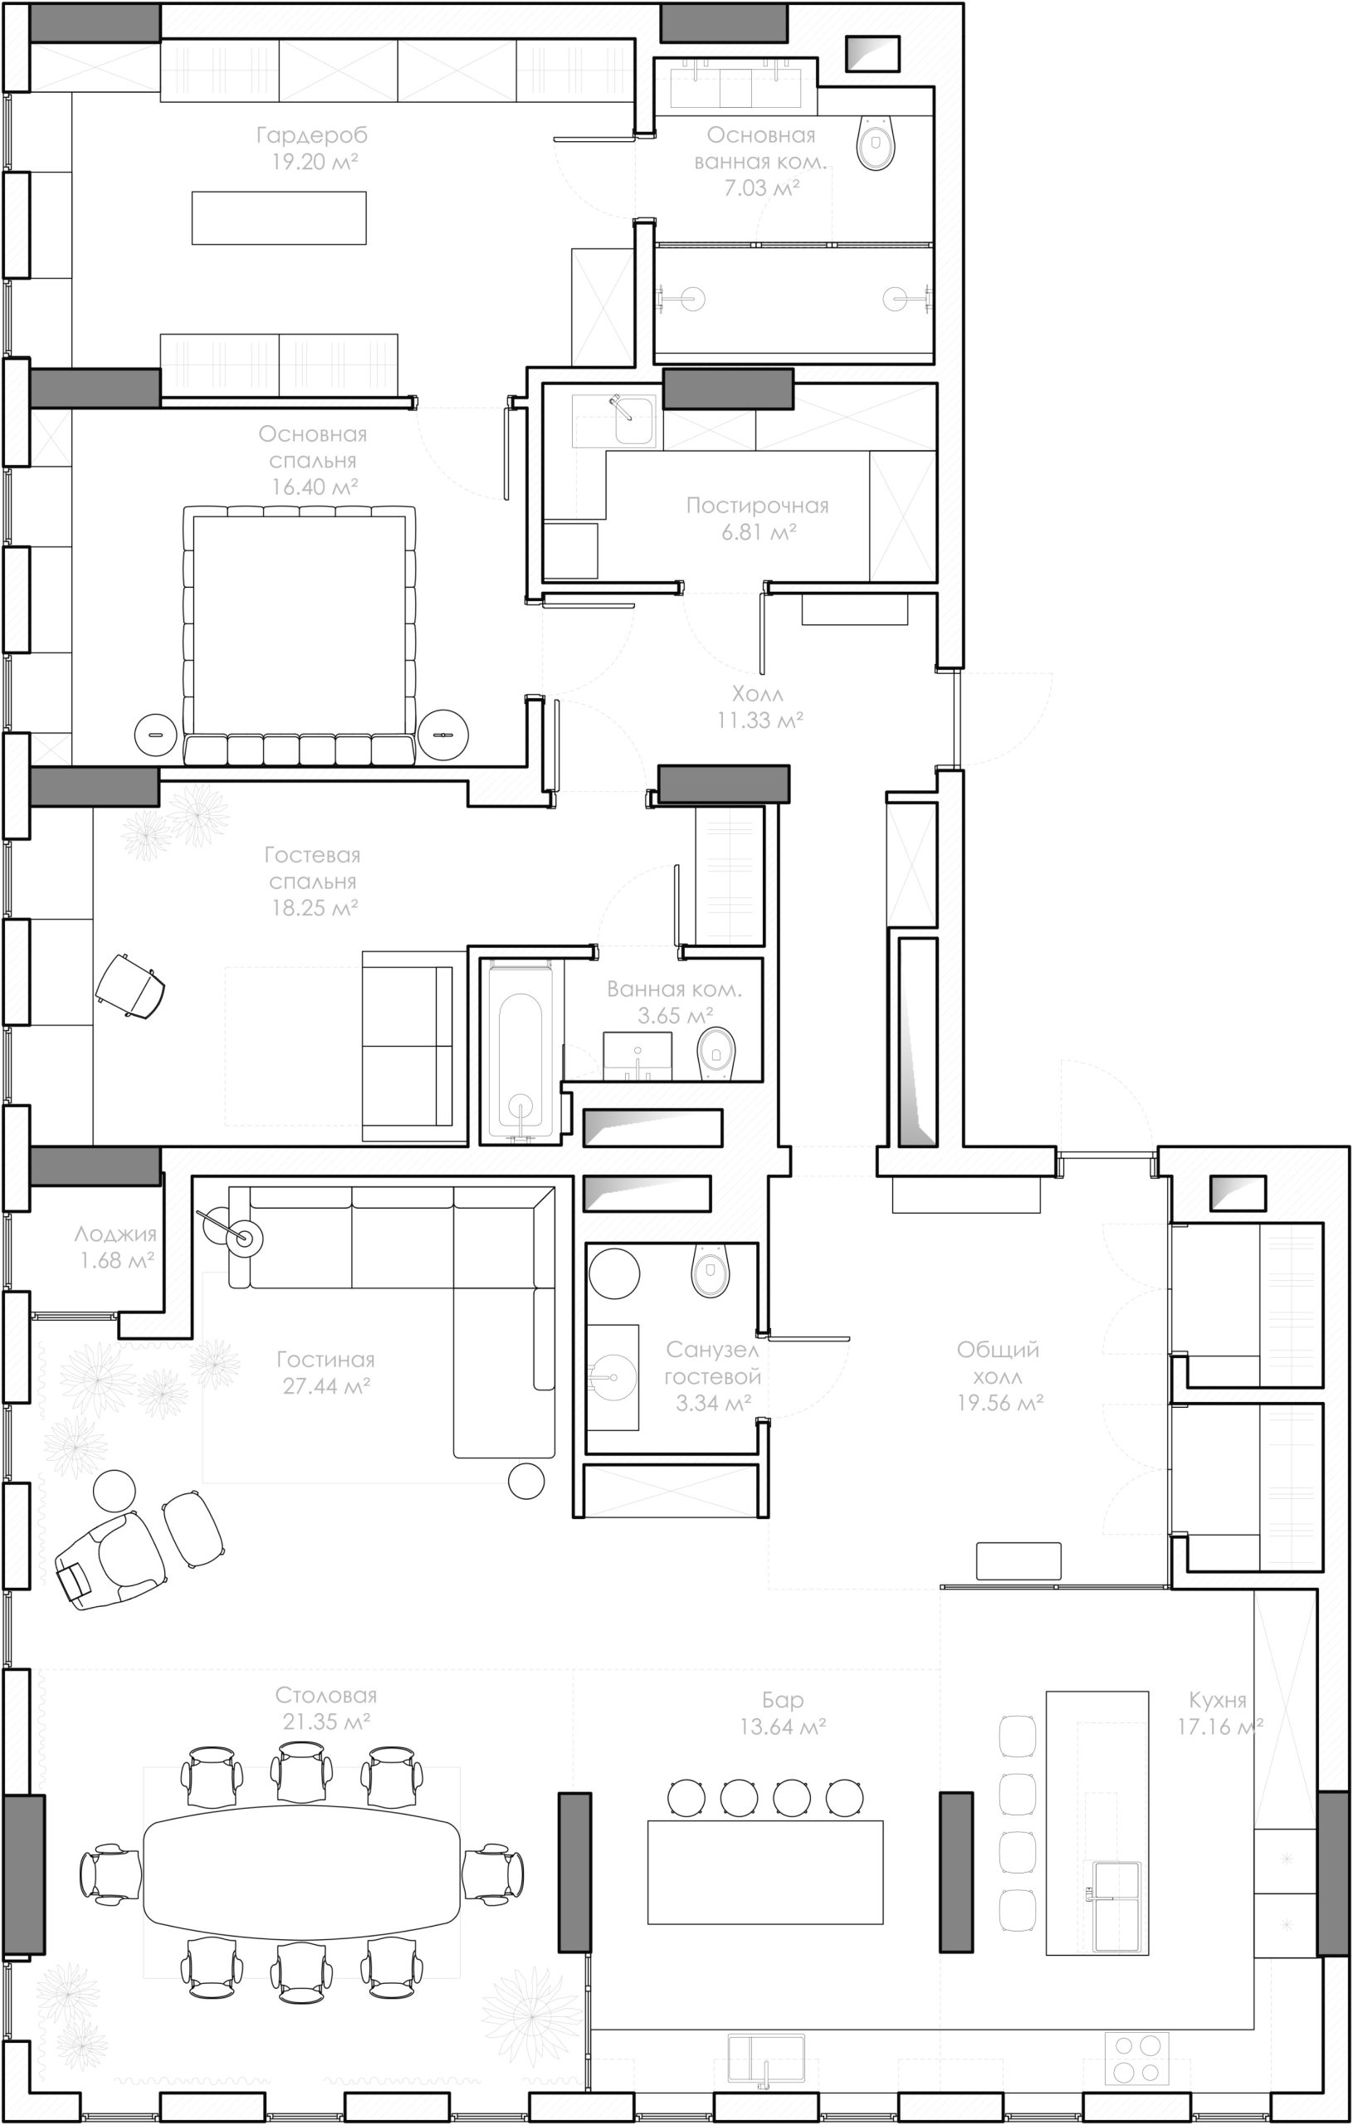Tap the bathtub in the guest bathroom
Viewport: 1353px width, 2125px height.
tap(520, 1052)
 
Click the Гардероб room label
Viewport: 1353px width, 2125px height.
tap(311, 135)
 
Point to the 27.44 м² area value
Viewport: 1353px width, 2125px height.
tap(325, 1386)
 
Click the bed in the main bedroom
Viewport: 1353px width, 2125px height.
tap(299, 635)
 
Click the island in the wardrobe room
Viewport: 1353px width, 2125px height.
tap(279, 218)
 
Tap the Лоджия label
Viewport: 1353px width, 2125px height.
tap(115, 1234)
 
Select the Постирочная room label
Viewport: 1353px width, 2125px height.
tap(757, 506)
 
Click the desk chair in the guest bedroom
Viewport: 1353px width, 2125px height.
tap(130, 984)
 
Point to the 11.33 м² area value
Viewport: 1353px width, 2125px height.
tap(760, 721)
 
